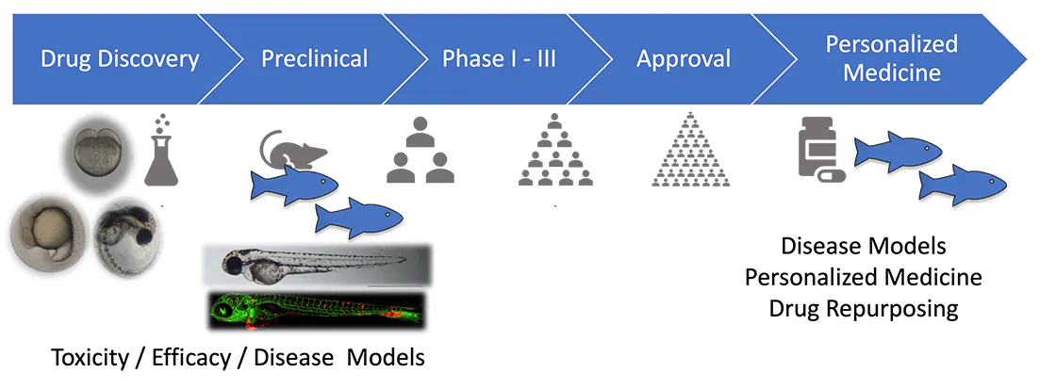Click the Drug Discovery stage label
(x=120, y=59)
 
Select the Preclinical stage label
(x=314, y=59)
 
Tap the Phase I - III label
(x=499, y=59)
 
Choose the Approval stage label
(x=684, y=59)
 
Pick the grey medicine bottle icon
(x=816, y=150)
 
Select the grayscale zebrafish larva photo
(x=316, y=265)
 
